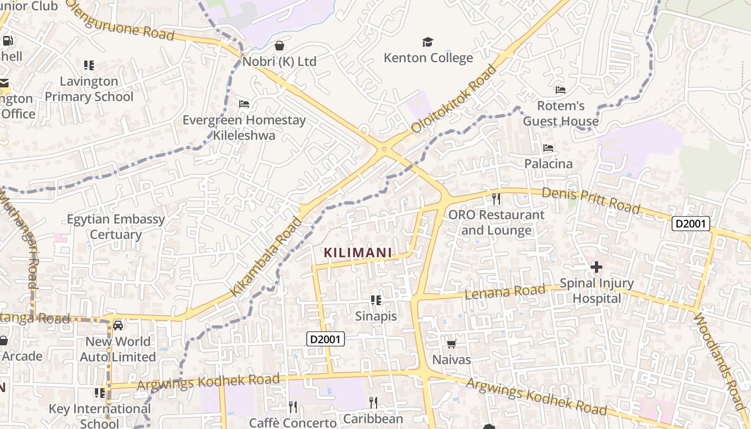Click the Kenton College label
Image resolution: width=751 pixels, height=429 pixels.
tap(428, 58)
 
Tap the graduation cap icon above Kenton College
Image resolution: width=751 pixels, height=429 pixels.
tap(428, 42)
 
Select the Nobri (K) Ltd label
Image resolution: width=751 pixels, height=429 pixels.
tap(279, 62)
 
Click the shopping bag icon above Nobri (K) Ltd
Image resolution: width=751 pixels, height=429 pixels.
tap(279, 45)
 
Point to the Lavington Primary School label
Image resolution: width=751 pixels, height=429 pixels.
tap(89, 89)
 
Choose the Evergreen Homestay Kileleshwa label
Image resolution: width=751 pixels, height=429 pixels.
tap(244, 128)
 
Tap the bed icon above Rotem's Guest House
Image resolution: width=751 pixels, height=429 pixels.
tap(561, 90)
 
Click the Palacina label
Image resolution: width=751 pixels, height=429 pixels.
tap(548, 164)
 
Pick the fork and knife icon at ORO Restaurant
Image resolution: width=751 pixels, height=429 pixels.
tap(496, 199)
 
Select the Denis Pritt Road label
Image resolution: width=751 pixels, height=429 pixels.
tap(591, 199)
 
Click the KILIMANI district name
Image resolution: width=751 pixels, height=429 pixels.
tap(358, 253)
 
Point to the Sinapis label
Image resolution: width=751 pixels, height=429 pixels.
tap(376, 316)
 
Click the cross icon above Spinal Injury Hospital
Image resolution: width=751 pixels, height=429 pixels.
tap(597, 267)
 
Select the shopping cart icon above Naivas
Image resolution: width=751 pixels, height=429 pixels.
tap(452, 344)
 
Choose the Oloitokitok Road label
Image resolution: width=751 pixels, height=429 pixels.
tap(454, 100)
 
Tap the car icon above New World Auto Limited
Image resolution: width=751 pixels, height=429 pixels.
tap(118, 325)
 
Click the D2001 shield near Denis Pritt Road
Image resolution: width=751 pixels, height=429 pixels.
tap(691, 224)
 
